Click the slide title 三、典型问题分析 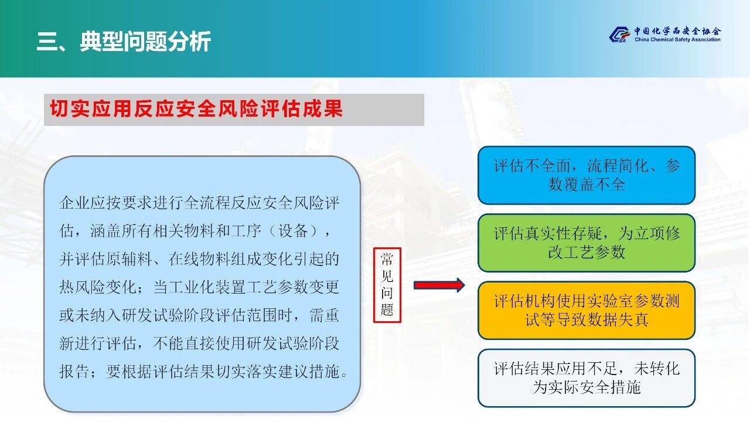point(124,42)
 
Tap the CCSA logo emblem point(619,35)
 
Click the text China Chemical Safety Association point(677,39)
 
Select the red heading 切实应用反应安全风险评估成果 point(196,108)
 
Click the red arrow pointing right point(439,285)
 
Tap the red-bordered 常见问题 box point(387,285)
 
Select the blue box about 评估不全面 point(587,175)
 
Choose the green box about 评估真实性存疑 point(587,243)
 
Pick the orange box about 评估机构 point(587,311)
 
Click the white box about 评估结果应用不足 point(587,378)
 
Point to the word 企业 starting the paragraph point(74,203)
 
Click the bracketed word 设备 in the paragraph point(293,231)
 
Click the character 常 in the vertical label point(387,260)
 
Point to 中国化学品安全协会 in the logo point(677,31)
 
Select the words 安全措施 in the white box point(610,387)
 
